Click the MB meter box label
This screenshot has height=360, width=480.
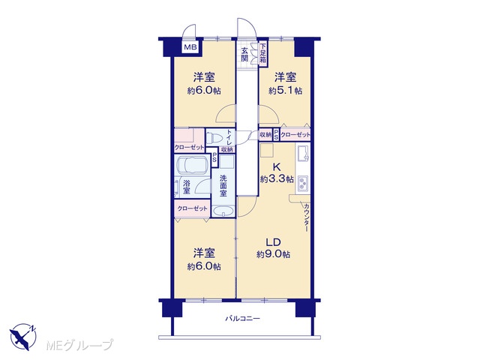190,47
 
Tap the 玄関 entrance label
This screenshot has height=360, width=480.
244,55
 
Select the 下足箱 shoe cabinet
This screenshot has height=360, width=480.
263,54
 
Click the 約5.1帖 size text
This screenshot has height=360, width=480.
285,91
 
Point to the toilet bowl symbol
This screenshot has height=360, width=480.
214,137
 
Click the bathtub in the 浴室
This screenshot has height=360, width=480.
192,166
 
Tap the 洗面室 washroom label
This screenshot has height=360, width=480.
223,185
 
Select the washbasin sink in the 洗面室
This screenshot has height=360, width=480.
223,211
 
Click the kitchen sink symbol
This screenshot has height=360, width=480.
302,152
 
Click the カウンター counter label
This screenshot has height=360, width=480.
306,217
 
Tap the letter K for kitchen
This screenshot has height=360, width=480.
277,167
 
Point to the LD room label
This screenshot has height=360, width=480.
273,242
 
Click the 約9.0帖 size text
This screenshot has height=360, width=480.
273,255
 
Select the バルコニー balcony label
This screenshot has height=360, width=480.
243,319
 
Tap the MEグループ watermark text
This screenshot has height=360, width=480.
79,345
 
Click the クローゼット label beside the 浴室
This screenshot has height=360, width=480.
193,208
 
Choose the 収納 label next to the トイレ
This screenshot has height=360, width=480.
227,150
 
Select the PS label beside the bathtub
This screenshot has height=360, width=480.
214,158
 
